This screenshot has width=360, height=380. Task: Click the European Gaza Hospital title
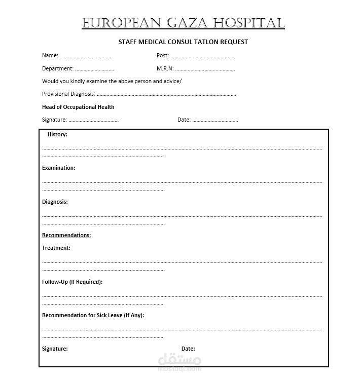pos(183,23)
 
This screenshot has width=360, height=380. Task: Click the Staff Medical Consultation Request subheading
pos(183,42)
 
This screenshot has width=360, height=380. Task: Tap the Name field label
pos(50,55)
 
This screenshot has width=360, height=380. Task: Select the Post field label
pos(162,55)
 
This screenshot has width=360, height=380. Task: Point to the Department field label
pos(57,68)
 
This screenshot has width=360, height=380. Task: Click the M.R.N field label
pos(165,68)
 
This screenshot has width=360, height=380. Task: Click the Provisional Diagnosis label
pos(68,94)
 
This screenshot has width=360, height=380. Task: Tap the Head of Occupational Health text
pos(78,107)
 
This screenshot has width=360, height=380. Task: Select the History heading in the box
pos(57,134)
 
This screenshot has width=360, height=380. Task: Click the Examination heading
pos(58,168)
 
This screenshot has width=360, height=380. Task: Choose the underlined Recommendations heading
pos(66,235)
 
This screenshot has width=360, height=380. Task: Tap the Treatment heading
pos(56,248)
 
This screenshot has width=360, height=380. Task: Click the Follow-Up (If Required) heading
pos(72,282)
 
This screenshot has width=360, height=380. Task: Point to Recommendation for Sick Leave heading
pos(93,315)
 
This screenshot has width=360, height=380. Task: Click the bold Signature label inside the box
pos(55,349)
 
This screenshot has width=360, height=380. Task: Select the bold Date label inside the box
pos(188,349)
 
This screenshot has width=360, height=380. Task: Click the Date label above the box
pos(184,120)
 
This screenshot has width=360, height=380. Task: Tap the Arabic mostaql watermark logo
pos(180,361)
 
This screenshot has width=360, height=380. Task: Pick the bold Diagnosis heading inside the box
pos(55,202)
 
